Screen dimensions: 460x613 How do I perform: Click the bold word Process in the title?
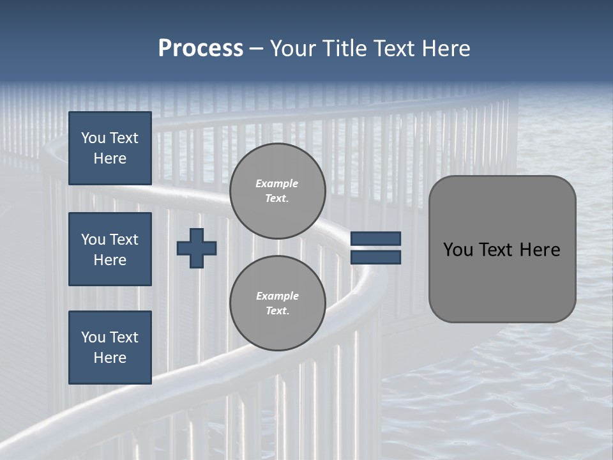(x=201, y=49)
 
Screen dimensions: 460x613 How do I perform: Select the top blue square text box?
(x=110, y=148)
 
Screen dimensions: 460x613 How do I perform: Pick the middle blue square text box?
(x=110, y=249)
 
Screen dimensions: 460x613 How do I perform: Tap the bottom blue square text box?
(x=110, y=348)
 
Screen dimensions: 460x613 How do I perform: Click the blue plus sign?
(x=197, y=248)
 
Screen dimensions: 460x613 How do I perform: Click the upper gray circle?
(x=277, y=191)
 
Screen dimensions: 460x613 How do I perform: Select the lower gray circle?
(x=277, y=303)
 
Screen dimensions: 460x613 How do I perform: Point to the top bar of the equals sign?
(x=375, y=238)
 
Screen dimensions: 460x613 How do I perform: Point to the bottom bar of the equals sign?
(x=375, y=257)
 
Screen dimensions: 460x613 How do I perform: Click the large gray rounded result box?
(x=502, y=249)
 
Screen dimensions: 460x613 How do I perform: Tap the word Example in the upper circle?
(x=277, y=183)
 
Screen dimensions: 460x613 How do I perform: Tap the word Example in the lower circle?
(x=277, y=296)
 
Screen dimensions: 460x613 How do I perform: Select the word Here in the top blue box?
(x=110, y=158)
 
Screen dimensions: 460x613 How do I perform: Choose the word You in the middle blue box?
(x=93, y=240)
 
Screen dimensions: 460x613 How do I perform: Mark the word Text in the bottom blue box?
(x=123, y=337)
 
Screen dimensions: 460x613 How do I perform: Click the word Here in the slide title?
(x=447, y=49)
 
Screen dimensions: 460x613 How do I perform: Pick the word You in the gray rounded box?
(x=458, y=250)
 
